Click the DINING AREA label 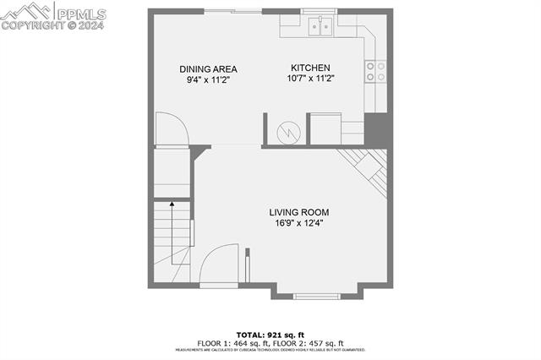point(208,69)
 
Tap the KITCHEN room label point(310,68)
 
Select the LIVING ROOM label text point(299,212)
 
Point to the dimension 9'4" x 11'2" point(208,79)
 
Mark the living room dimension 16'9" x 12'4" point(299,223)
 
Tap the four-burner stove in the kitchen point(374,71)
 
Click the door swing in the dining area point(174,130)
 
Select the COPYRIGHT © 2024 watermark point(52,25)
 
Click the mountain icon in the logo point(25,11)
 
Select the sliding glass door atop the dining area point(232,11)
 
